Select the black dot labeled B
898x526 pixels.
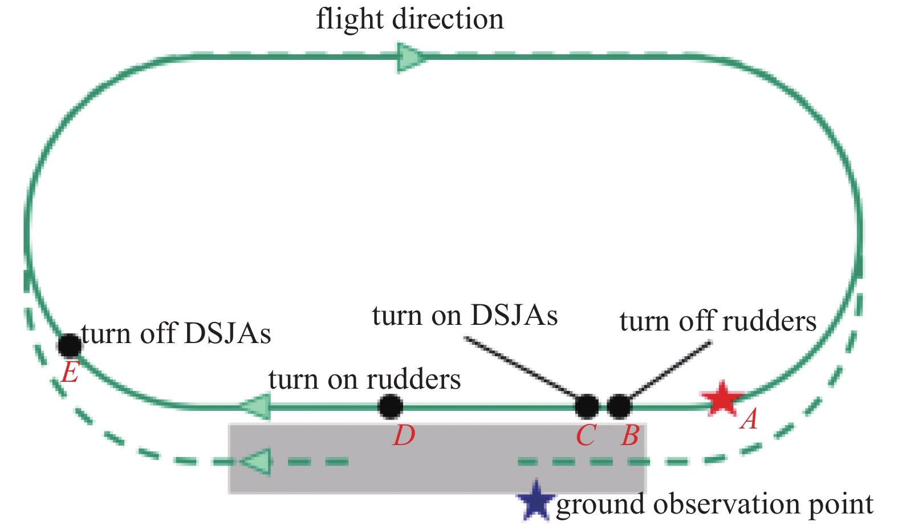[619, 406]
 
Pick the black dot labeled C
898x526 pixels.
[587, 406]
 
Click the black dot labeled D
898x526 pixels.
[391, 406]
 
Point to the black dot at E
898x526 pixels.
[70, 345]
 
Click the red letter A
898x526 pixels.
[749, 420]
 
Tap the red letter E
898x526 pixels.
[70, 374]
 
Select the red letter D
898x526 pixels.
[404, 436]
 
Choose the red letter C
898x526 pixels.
[586, 437]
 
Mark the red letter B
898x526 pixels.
[630, 437]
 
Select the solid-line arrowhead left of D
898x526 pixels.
[254, 407]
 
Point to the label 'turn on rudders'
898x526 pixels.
[364, 380]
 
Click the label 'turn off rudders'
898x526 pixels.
[717, 321]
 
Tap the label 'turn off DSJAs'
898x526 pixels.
[176, 333]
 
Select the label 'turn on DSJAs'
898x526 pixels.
[465, 315]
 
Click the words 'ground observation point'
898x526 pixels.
[714, 504]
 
